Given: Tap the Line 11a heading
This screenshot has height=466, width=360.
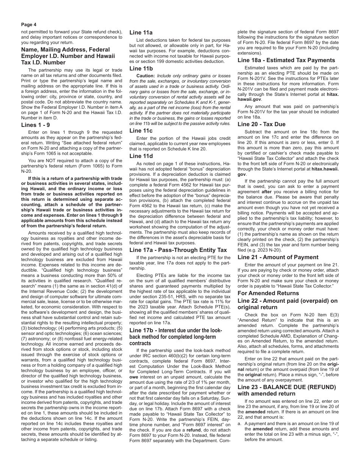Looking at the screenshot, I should click(x=141, y=33).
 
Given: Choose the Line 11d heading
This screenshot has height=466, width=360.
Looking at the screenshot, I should click(x=141, y=156).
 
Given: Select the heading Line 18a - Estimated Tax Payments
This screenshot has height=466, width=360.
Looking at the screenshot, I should click(x=286, y=60).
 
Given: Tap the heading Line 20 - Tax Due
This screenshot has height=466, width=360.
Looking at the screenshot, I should click(x=261, y=124).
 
